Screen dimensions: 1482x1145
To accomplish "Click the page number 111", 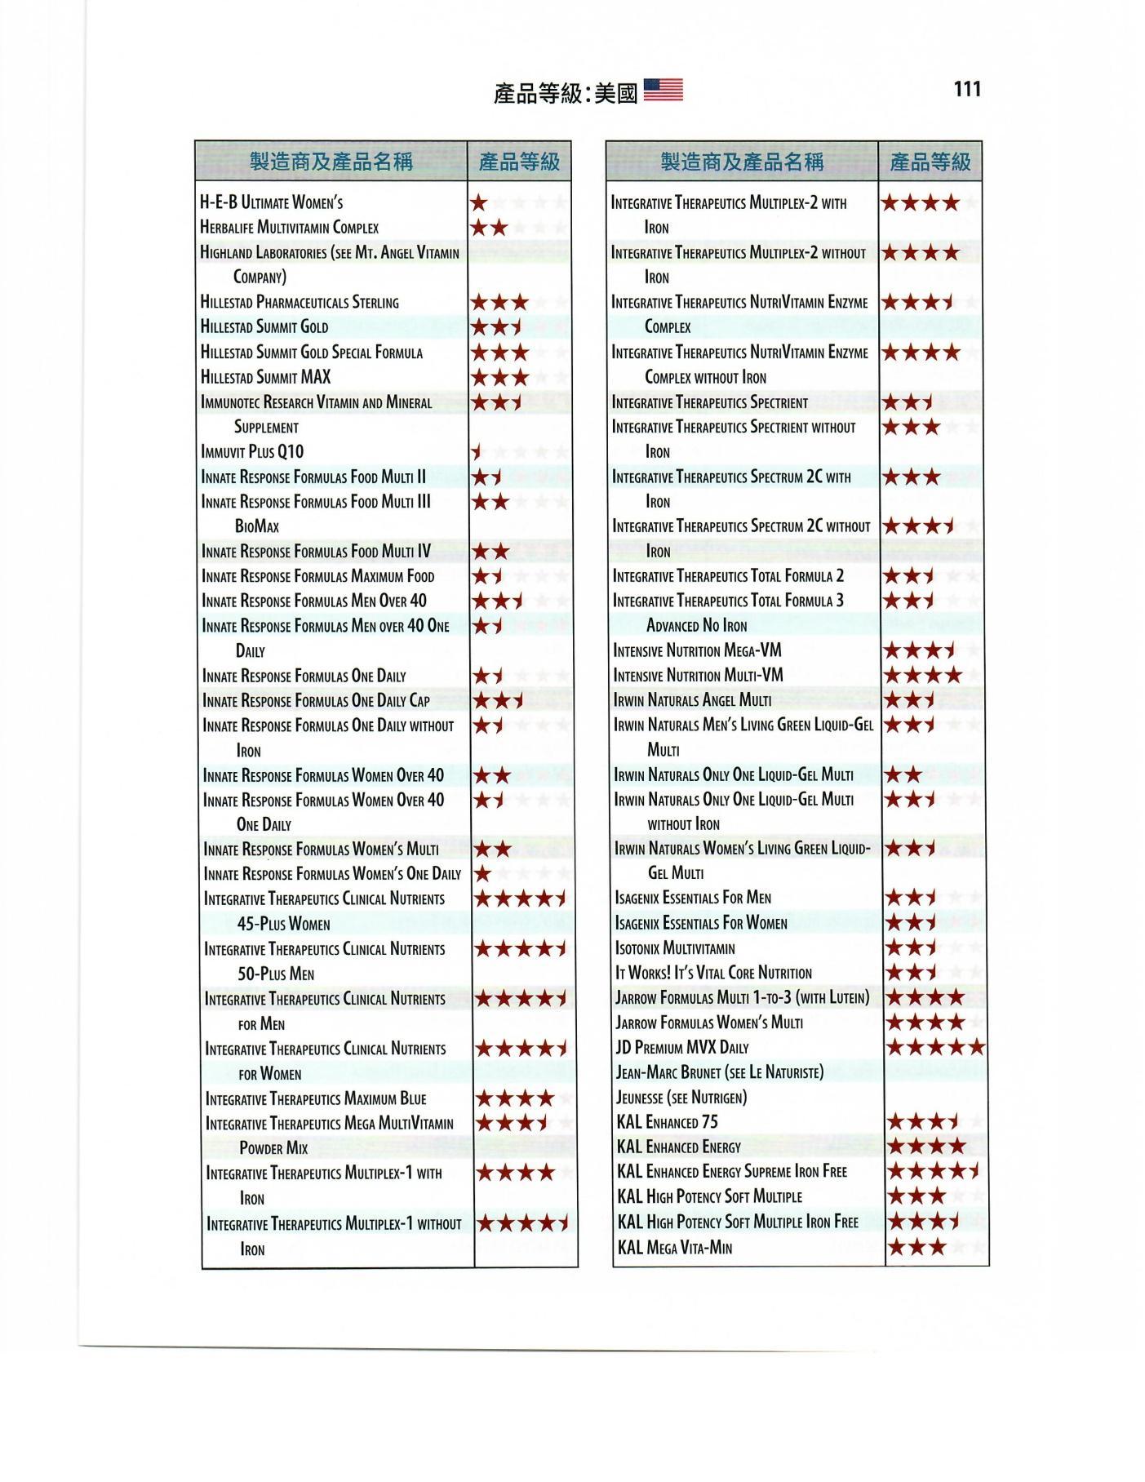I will [x=966, y=89].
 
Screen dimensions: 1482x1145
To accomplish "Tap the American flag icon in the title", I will [x=663, y=91].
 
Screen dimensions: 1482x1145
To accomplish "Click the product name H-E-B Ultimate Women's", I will [x=271, y=202].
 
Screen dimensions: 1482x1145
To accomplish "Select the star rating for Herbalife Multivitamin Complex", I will [x=490, y=228].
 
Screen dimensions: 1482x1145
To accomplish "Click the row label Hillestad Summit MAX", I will [x=265, y=377].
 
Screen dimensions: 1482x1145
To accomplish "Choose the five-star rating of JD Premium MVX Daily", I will [x=935, y=1047].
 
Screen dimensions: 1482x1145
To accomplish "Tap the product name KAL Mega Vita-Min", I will [x=674, y=1247].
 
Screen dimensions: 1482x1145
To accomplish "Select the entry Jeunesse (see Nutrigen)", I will [x=681, y=1098].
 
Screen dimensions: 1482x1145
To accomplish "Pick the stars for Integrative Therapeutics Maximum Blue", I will [x=515, y=1098].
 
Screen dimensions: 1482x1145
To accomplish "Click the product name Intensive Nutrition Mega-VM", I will [x=697, y=650].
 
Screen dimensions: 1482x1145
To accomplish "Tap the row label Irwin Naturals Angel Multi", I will [x=692, y=700].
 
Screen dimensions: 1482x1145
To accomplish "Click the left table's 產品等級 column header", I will [x=519, y=162].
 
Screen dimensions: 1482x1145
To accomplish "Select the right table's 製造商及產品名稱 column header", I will [x=741, y=162].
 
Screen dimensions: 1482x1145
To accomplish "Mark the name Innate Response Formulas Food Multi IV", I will [x=316, y=552].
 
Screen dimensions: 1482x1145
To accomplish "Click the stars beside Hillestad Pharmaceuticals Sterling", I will [x=499, y=303].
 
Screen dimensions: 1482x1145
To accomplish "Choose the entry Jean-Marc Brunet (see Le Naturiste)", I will [x=719, y=1072].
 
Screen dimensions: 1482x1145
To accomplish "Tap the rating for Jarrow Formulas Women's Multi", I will [x=925, y=1022].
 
